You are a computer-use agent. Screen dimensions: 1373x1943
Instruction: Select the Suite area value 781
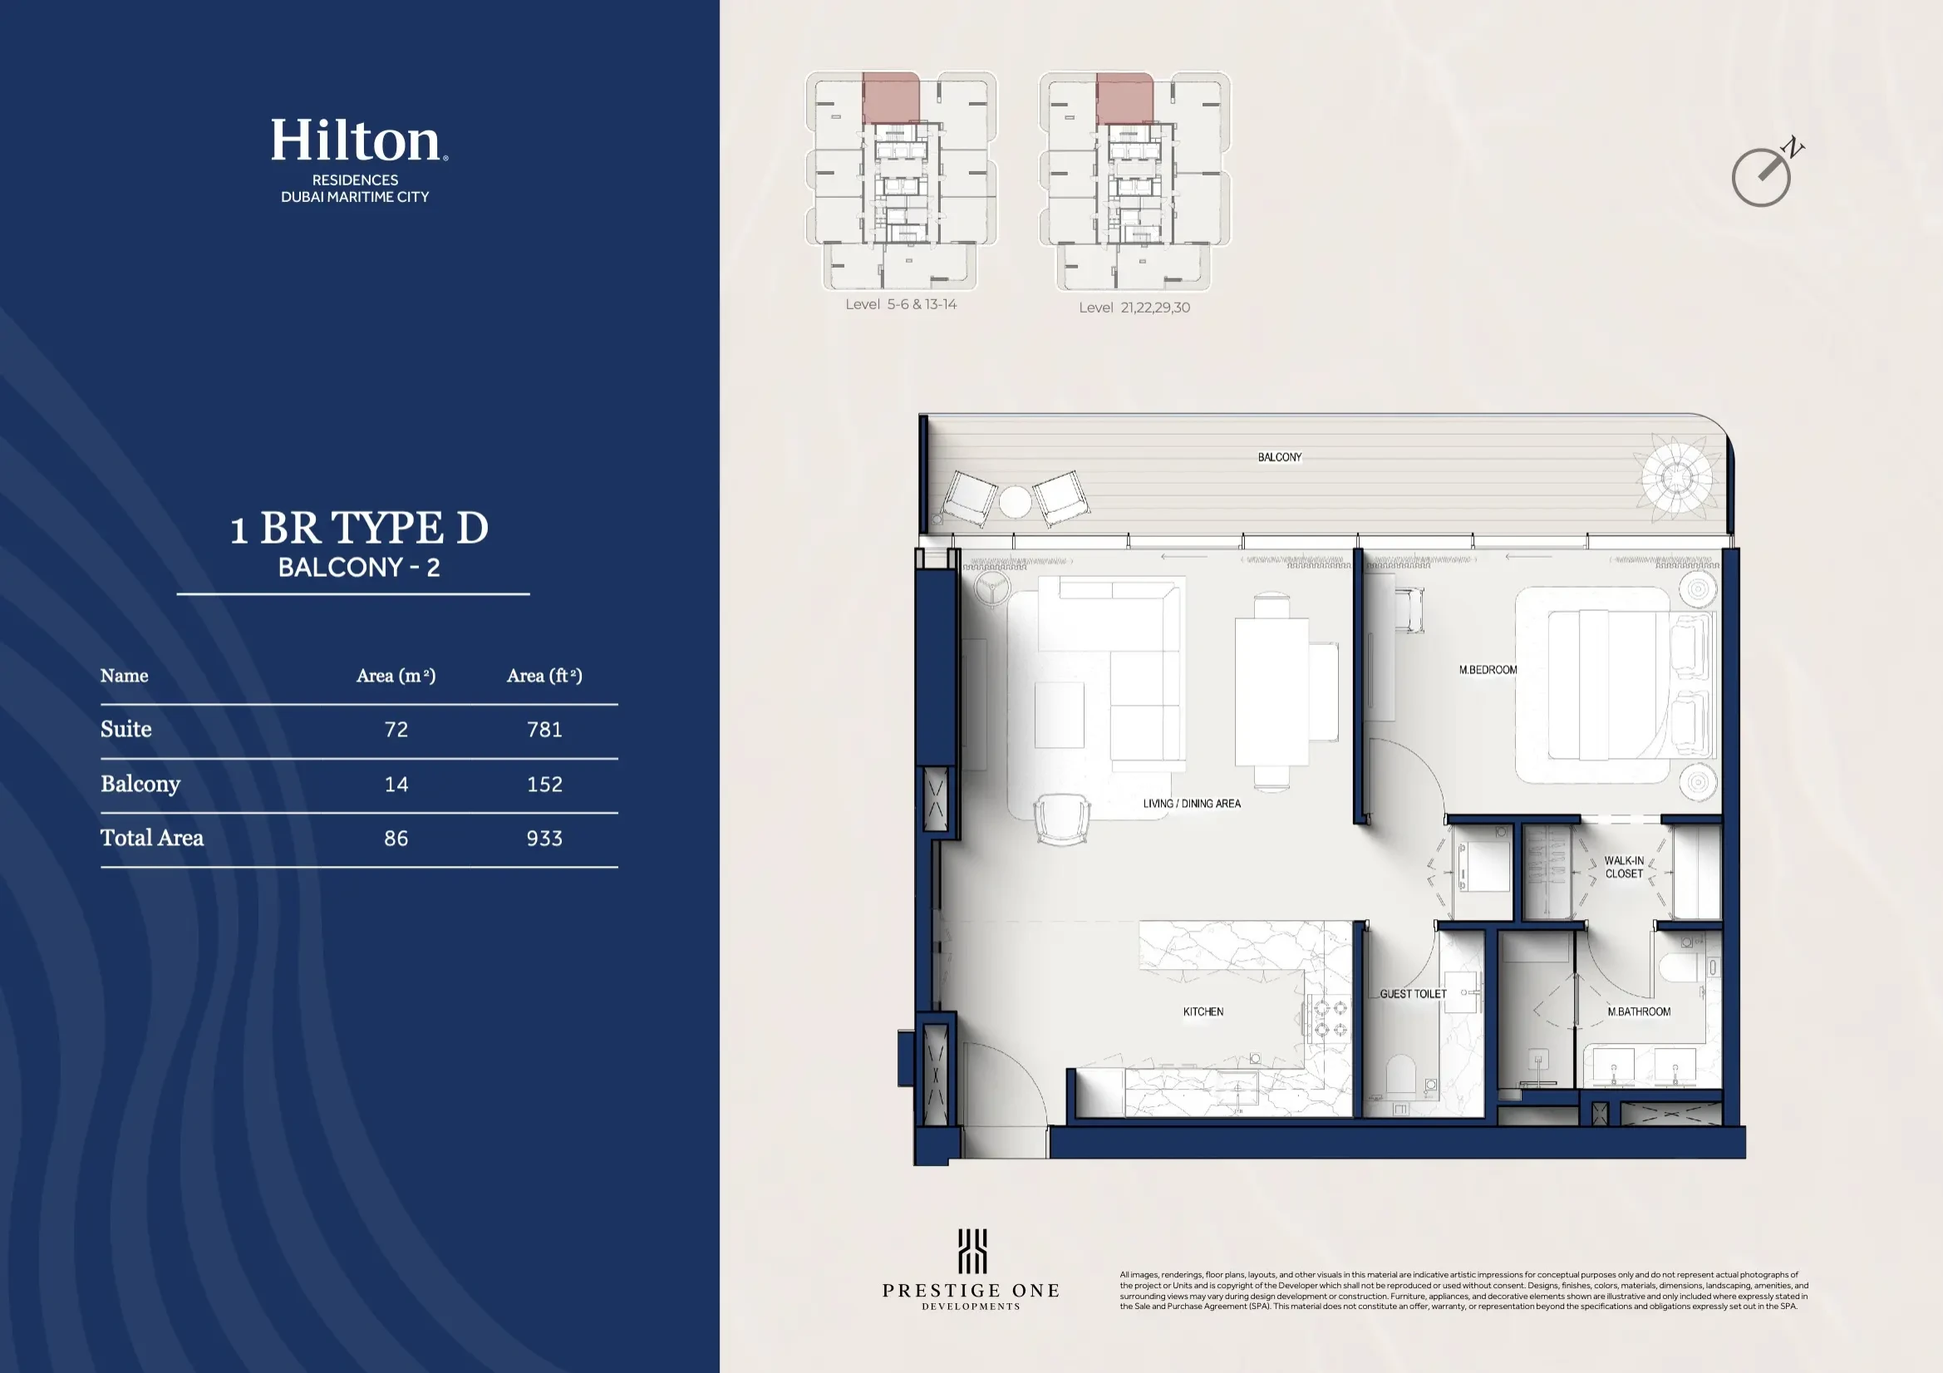click(544, 730)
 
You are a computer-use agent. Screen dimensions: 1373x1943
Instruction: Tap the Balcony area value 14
click(396, 784)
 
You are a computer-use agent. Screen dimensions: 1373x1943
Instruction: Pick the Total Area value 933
click(544, 838)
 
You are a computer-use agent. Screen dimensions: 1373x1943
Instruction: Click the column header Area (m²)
click(396, 676)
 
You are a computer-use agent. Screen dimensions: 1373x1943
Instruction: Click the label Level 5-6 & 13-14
click(900, 304)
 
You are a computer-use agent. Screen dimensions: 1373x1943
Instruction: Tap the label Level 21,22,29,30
click(1134, 308)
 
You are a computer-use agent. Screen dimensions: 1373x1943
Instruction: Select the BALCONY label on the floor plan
click(1279, 457)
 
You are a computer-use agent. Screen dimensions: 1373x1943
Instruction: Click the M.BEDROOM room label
click(1488, 670)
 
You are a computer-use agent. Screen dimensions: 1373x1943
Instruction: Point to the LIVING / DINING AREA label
click(1192, 804)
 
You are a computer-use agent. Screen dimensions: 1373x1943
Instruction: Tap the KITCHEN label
click(1203, 1011)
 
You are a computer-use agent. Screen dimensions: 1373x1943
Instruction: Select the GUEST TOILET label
click(1413, 994)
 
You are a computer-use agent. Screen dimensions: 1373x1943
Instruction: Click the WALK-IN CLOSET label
click(1623, 867)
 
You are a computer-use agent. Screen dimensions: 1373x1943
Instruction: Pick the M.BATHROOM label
click(1638, 1011)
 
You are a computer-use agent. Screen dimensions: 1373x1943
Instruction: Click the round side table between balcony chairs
click(1015, 501)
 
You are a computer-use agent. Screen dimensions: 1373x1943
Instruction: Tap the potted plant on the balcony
click(1675, 477)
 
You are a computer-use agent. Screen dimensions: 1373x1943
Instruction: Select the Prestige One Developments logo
click(971, 1269)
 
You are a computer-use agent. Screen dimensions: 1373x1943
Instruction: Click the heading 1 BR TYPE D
click(359, 529)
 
